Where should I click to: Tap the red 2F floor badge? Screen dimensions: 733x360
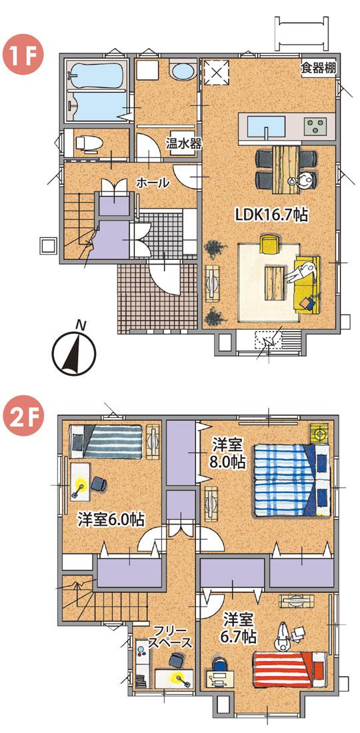tap(23, 418)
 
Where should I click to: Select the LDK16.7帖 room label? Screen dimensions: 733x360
tap(271, 215)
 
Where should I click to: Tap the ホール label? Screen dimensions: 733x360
tap(152, 183)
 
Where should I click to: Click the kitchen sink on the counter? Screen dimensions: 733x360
tap(266, 125)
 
